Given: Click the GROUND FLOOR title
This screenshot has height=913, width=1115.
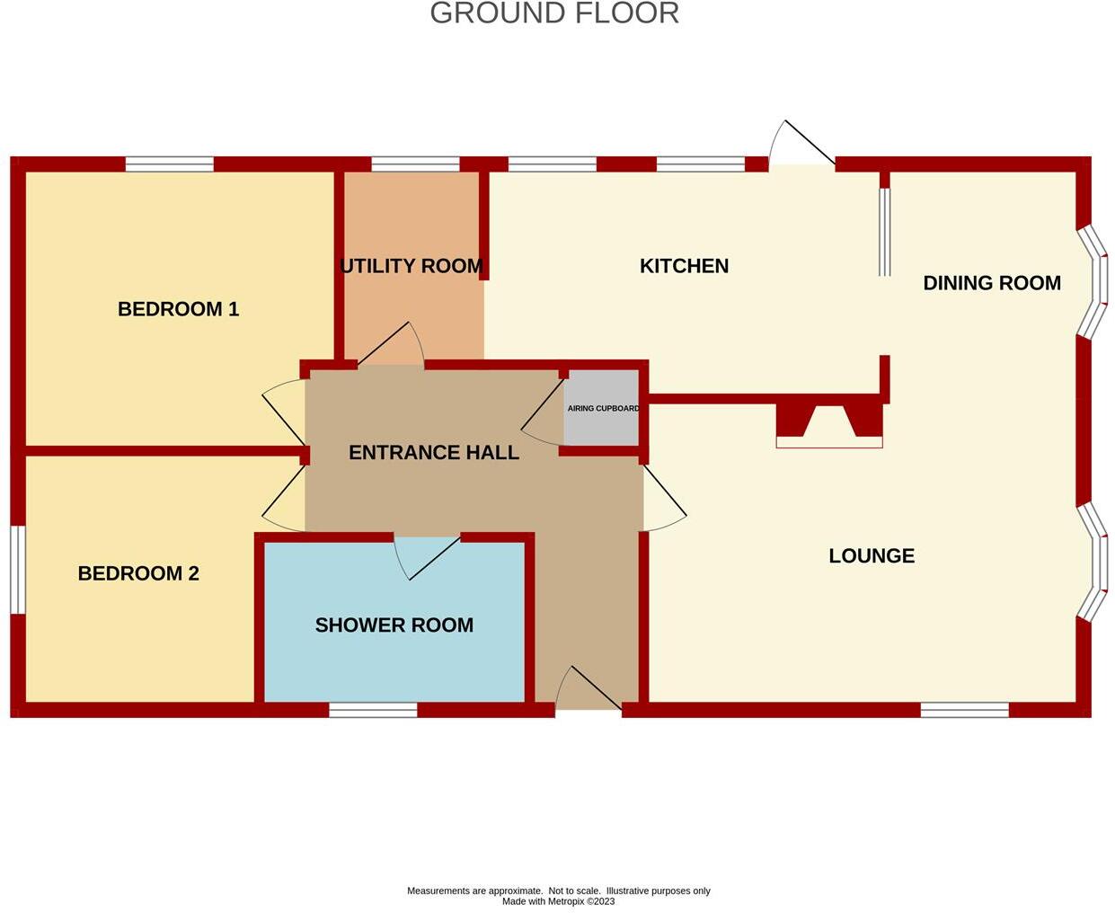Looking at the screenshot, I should [x=554, y=13].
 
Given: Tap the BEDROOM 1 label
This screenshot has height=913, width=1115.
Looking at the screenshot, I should [x=178, y=309].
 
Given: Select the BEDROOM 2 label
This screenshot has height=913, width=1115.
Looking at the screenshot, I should [x=138, y=573].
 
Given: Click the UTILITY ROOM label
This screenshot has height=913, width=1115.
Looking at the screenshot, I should [x=411, y=266].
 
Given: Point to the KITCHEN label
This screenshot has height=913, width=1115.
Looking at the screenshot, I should [x=684, y=266].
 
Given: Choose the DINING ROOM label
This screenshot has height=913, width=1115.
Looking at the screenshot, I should [x=992, y=283].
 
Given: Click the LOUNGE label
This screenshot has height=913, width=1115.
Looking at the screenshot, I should [x=872, y=556].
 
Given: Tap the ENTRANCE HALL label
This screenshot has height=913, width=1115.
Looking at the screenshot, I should [x=434, y=453].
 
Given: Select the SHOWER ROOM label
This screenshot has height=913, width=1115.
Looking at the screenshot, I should [x=394, y=625].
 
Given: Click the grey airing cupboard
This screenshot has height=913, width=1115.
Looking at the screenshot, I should [x=601, y=408].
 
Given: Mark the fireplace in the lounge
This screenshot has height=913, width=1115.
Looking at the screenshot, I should [x=829, y=425].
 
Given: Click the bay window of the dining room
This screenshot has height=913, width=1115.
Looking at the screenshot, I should [x=1093, y=281].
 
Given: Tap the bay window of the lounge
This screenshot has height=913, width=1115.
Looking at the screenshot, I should [x=1093, y=562].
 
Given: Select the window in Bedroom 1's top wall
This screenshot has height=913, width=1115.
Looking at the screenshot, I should [x=170, y=164].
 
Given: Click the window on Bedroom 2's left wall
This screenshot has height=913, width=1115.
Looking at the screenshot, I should [x=17, y=570].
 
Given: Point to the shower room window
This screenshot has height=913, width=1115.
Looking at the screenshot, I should [x=373, y=710].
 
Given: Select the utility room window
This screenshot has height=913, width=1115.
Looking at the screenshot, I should [x=415, y=164].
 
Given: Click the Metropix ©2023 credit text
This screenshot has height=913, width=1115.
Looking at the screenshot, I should [x=558, y=901].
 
